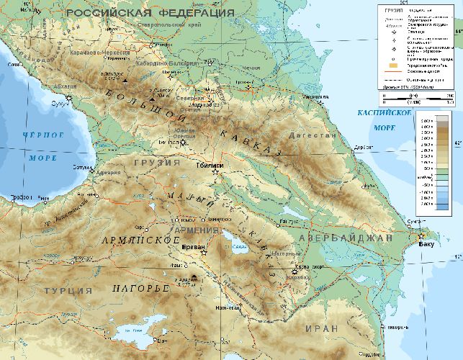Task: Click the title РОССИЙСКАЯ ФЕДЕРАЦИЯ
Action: point(150,13)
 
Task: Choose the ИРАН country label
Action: point(321,328)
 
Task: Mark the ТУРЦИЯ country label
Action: point(68,290)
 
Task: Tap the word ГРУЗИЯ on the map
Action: point(156,163)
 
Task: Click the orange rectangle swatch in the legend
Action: point(392,66)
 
